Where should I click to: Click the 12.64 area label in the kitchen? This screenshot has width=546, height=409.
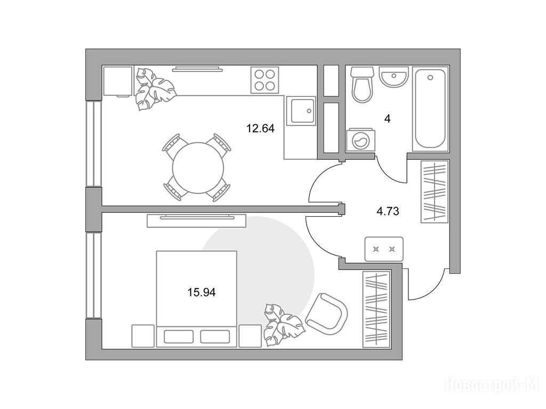260,129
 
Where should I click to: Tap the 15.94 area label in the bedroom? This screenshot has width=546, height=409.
202,292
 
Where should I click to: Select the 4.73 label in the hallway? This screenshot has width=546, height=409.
388,211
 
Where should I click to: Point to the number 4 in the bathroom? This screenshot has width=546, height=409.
387,119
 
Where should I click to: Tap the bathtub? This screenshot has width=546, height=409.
430,109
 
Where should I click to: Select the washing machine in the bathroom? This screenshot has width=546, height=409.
361,141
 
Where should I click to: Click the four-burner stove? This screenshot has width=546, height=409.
264,80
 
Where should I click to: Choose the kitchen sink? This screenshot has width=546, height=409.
301,111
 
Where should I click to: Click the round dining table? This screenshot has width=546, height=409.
198,168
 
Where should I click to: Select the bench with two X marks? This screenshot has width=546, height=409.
384,249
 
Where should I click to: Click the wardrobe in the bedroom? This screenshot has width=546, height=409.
376,309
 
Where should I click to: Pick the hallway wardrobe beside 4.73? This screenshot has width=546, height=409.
434,191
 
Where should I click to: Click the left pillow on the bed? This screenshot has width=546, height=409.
179,337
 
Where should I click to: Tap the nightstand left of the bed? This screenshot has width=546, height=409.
143,336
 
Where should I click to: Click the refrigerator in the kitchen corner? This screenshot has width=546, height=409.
118,81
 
